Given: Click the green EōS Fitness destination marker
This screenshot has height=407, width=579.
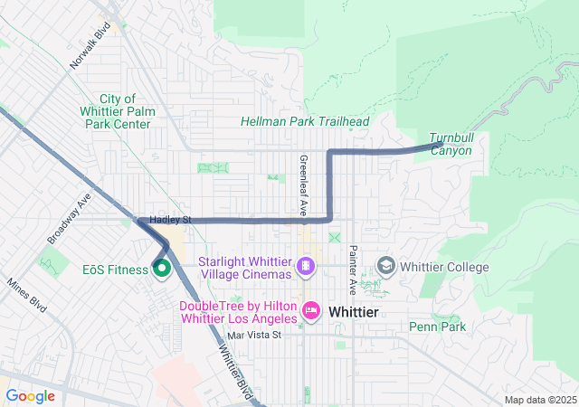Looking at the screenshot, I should tap(162, 269).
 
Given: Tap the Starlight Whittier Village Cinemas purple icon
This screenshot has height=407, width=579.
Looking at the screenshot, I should tap(307, 266).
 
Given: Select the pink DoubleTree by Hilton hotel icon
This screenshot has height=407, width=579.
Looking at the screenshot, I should tap(310, 311).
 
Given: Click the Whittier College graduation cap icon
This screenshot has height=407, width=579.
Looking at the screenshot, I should tap(386, 266).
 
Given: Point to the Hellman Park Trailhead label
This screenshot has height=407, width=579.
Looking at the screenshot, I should tap(292, 121).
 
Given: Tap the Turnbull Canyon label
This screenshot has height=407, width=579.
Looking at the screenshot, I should tap(451, 143).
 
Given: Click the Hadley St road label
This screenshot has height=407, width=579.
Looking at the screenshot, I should tap(171, 220).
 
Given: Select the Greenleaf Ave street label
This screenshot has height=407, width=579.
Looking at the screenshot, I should tap(303, 184).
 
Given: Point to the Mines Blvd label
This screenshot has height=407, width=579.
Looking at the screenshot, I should tap(26, 295).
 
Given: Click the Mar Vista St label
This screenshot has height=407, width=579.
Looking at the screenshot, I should tap(255, 335).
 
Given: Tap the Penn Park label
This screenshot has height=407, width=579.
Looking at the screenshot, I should tap(438, 327).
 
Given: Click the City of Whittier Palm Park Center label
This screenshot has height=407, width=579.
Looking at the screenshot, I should tap(113, 111).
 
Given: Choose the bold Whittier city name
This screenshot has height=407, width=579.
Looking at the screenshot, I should tap(359, 311).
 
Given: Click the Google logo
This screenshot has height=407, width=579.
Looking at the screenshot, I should tap(30, 395).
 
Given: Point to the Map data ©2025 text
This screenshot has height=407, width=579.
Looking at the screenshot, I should tap(539, 400).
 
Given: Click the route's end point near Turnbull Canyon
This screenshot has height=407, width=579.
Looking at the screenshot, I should tap(441, 145).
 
